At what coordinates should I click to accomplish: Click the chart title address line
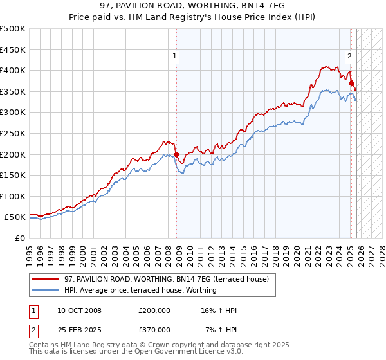tap(193, 6)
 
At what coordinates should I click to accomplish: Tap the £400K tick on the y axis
tap(14, 70)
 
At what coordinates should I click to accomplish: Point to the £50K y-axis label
tap(16, 217)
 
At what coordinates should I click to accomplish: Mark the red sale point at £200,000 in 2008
tap(176, 154)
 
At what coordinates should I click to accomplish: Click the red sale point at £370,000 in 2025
tap(351, 83)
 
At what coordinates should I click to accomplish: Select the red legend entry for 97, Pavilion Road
tap(170, 279)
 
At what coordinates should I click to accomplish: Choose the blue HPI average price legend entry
tap(140, 290)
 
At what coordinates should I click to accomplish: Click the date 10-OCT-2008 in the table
tap(79, 310)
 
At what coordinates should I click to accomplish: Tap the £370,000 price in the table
tap(154, 329)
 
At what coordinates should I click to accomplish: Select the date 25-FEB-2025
tap(78, 329)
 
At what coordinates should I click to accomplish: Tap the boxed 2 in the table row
tap(33, 329)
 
